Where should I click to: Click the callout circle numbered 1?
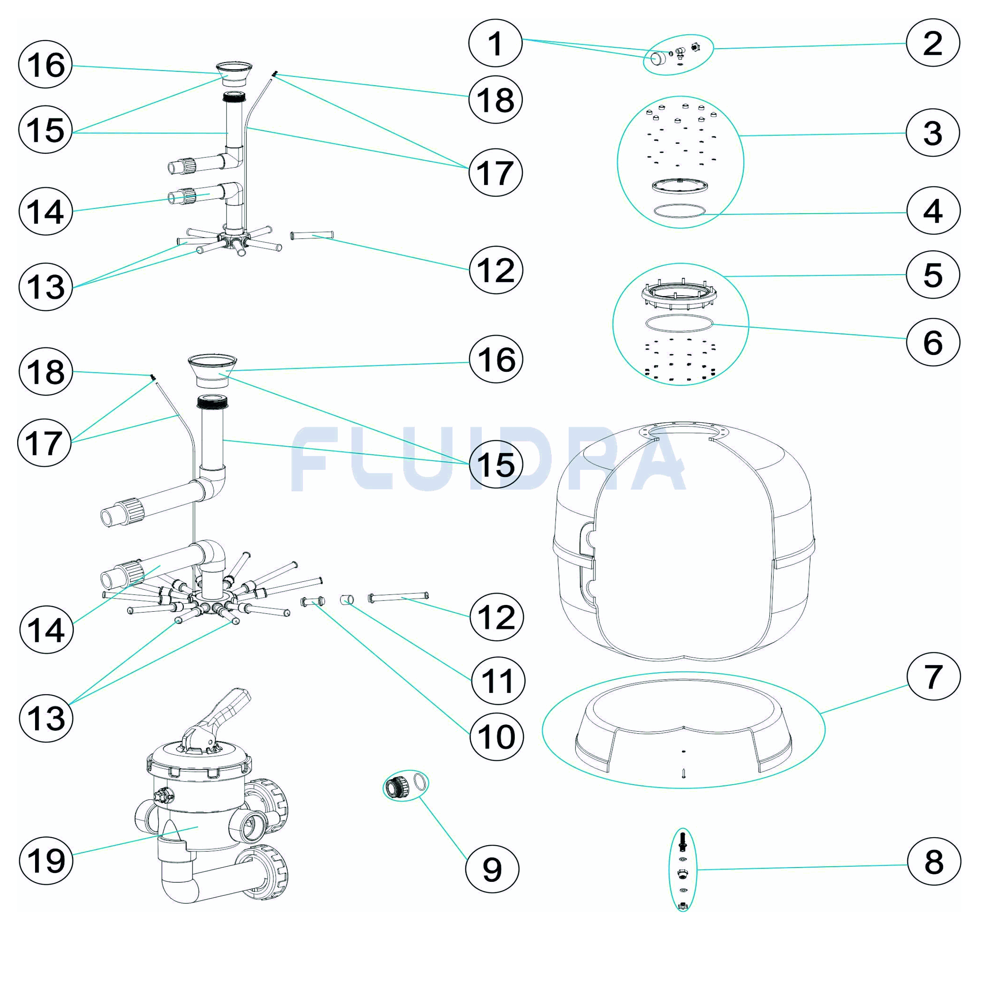(495, 43)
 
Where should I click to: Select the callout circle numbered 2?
(932, 43)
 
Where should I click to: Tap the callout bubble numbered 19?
(46, 860)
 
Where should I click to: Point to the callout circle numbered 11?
(498, 680)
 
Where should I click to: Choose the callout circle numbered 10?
(496, 736)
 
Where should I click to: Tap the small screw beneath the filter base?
(684, 774)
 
